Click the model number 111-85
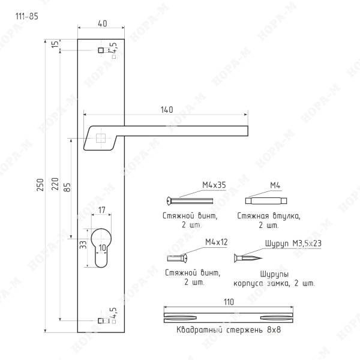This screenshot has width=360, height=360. tap(26, 16)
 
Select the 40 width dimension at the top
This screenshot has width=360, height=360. tap(103, 23)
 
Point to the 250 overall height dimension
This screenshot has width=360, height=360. tap(40, 185)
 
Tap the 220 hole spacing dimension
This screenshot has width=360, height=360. tap(55, 184)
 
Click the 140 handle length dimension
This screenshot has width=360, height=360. tap(167, 110)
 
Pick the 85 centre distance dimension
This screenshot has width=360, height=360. tap(67, 187)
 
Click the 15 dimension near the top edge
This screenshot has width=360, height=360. tap(55, 44)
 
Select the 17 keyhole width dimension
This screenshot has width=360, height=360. tap(102, 210)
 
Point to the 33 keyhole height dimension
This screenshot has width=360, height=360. tap(83, 245)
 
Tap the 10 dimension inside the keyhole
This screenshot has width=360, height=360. tap(103, 247)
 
